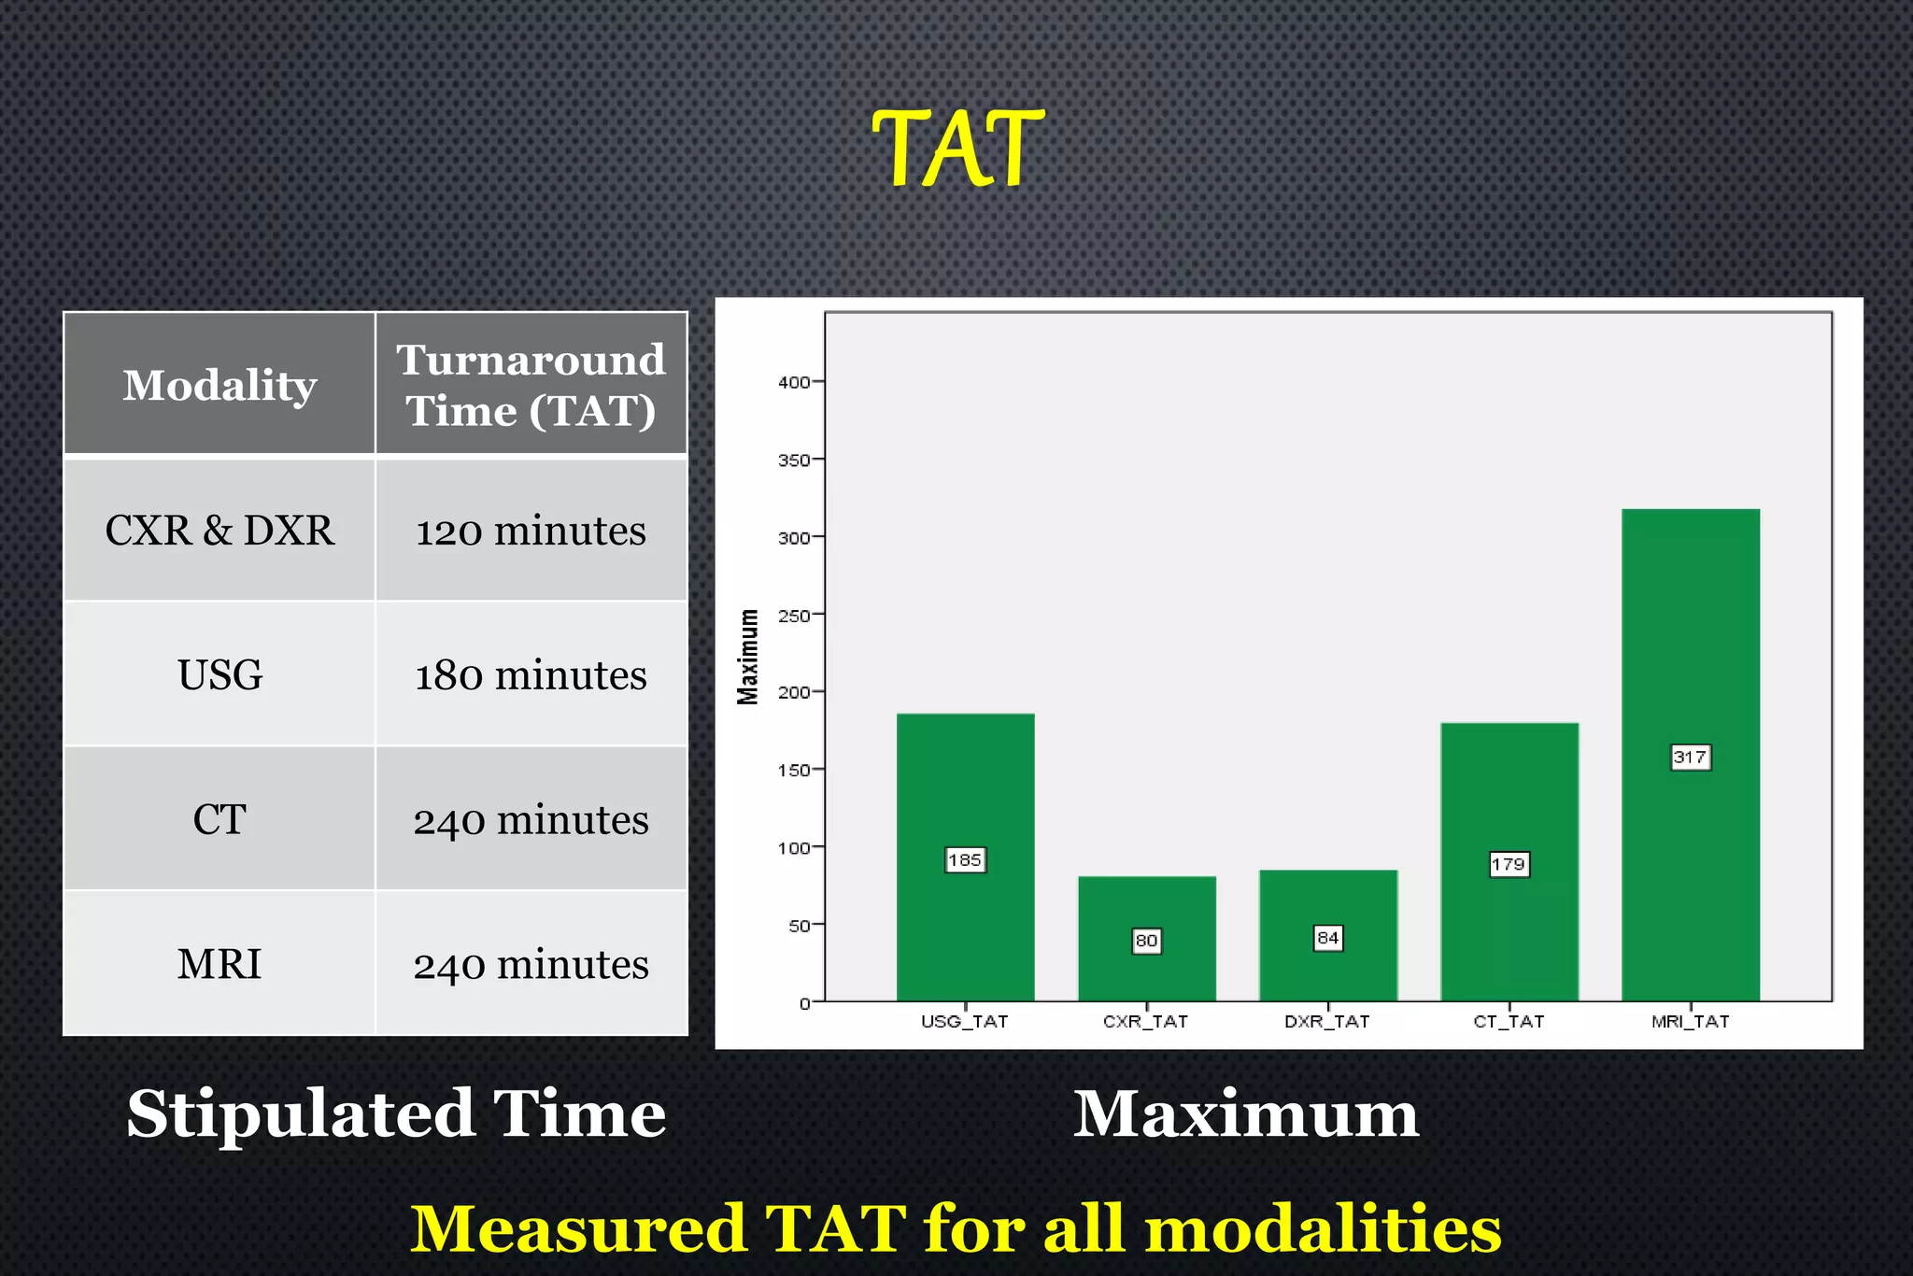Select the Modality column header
click(220, 385)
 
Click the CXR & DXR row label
click(220, 531)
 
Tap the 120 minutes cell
click(531, 531)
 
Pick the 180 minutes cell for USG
click(531, 674)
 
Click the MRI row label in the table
click(220, 964)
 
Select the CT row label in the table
click(220, 819)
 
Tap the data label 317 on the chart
click(1691, 757)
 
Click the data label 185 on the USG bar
click(965, 859)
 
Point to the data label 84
click(1327, 937)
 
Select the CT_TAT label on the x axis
click(1509, 1021)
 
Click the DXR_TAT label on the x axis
click(1326, 1021)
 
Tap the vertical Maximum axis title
click(748, 656)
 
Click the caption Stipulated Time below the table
click(396, 1113)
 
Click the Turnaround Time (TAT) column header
click(531, 385)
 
